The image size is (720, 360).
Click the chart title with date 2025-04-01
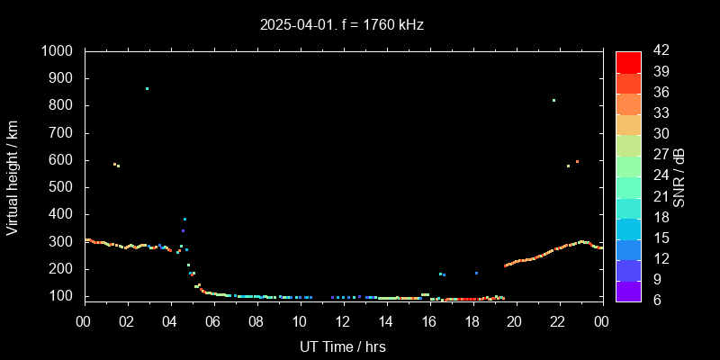coord(341,24)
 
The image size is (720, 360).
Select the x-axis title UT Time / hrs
coord(343,346)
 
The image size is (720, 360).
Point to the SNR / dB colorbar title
coord(679,176)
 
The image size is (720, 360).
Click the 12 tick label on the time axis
coord(343,320)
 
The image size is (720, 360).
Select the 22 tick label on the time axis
coord(558,320)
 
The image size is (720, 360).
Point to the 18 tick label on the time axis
coord(472,320)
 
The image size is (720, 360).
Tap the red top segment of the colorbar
coord(628,61)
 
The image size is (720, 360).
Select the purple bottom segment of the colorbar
coord(628,290)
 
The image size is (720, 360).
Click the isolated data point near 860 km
coord(147,88)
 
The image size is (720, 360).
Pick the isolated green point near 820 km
coord(553,100)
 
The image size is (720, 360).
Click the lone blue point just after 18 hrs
coord(476,273)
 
